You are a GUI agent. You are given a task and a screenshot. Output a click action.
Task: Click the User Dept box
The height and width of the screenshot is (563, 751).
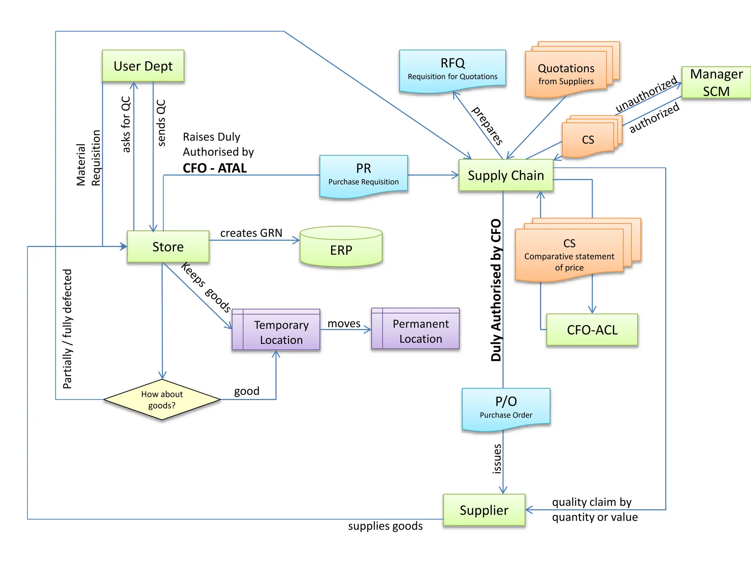[143, 66]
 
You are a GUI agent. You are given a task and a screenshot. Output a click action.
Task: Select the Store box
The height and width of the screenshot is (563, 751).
[168, 247]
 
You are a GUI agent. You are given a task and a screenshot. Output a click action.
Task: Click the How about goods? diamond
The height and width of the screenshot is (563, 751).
[162, 400]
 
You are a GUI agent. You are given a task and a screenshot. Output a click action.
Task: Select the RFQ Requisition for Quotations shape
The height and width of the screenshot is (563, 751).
[453, 69]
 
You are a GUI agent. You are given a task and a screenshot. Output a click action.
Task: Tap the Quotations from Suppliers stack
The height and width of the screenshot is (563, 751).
[566, 73]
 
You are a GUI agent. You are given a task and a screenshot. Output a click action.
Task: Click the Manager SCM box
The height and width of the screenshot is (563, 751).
[716, 82]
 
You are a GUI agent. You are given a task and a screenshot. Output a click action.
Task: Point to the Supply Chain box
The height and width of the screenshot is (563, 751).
[506, 175]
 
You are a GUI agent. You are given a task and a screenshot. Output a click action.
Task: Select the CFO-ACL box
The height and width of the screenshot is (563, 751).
[592, 330]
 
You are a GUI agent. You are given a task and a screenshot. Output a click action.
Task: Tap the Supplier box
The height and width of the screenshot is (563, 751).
[484, 510]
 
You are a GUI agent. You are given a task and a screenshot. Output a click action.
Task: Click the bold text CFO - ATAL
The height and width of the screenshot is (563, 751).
[215, 168]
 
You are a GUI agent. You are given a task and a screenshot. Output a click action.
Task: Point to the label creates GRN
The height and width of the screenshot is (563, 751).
[251, 233]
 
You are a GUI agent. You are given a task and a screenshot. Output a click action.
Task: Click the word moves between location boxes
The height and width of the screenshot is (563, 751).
[344, 324]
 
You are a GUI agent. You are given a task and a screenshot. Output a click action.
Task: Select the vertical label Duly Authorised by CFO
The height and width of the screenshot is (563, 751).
[496, 290]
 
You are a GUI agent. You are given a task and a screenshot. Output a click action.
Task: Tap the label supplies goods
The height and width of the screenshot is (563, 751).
[385, 526]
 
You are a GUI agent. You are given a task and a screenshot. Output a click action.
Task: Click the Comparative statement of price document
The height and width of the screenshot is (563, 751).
[569, 255]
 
